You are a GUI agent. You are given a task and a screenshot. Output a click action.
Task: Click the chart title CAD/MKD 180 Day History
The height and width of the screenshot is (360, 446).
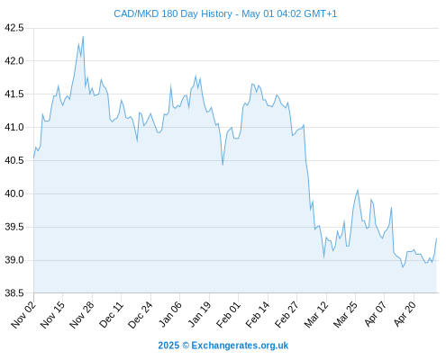(173, 13)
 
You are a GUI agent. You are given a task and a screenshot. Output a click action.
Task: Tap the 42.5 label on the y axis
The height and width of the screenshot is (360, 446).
(14, 28)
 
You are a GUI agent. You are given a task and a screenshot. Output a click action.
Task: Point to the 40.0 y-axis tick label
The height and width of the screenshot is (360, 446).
(14, 193)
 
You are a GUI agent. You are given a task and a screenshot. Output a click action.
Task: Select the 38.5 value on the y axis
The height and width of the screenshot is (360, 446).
(14, 293)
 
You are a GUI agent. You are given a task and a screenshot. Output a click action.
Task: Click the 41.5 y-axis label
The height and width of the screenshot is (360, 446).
(14, 94)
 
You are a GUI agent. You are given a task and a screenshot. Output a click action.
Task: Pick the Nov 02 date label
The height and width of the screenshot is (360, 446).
(23, 314)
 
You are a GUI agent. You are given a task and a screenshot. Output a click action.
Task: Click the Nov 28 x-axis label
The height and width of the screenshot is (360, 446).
(82, 314)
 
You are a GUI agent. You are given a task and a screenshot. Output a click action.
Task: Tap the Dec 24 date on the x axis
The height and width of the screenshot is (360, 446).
(141, 314)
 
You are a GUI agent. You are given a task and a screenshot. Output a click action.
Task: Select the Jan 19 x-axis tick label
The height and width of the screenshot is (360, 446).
(199, 314)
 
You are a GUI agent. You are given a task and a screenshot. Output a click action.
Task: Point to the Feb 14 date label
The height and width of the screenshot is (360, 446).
(258, 314)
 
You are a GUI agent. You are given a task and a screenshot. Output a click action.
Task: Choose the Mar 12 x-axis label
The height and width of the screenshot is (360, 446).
(316, 314)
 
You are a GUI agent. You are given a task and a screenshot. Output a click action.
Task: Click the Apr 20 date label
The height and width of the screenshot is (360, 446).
(405, 314)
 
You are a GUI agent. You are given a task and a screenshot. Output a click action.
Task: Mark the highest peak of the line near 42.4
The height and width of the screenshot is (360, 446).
(83, 37)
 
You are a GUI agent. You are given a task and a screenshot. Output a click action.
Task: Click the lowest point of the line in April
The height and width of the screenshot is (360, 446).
(403, 267)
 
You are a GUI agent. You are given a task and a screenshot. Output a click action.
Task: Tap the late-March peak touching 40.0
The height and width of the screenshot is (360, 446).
(358, 190)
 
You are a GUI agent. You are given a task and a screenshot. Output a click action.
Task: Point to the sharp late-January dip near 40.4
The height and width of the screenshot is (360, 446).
(223, 165)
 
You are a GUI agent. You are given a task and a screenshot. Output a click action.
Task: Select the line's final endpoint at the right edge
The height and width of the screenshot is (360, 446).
(436, 238)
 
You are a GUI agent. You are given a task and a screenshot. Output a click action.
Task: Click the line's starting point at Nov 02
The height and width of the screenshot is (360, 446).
(33, 157)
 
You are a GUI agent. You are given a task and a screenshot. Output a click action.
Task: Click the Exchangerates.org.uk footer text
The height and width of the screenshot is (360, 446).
(240, 346)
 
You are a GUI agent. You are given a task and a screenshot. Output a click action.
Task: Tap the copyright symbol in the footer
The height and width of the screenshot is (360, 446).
(186, 346)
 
